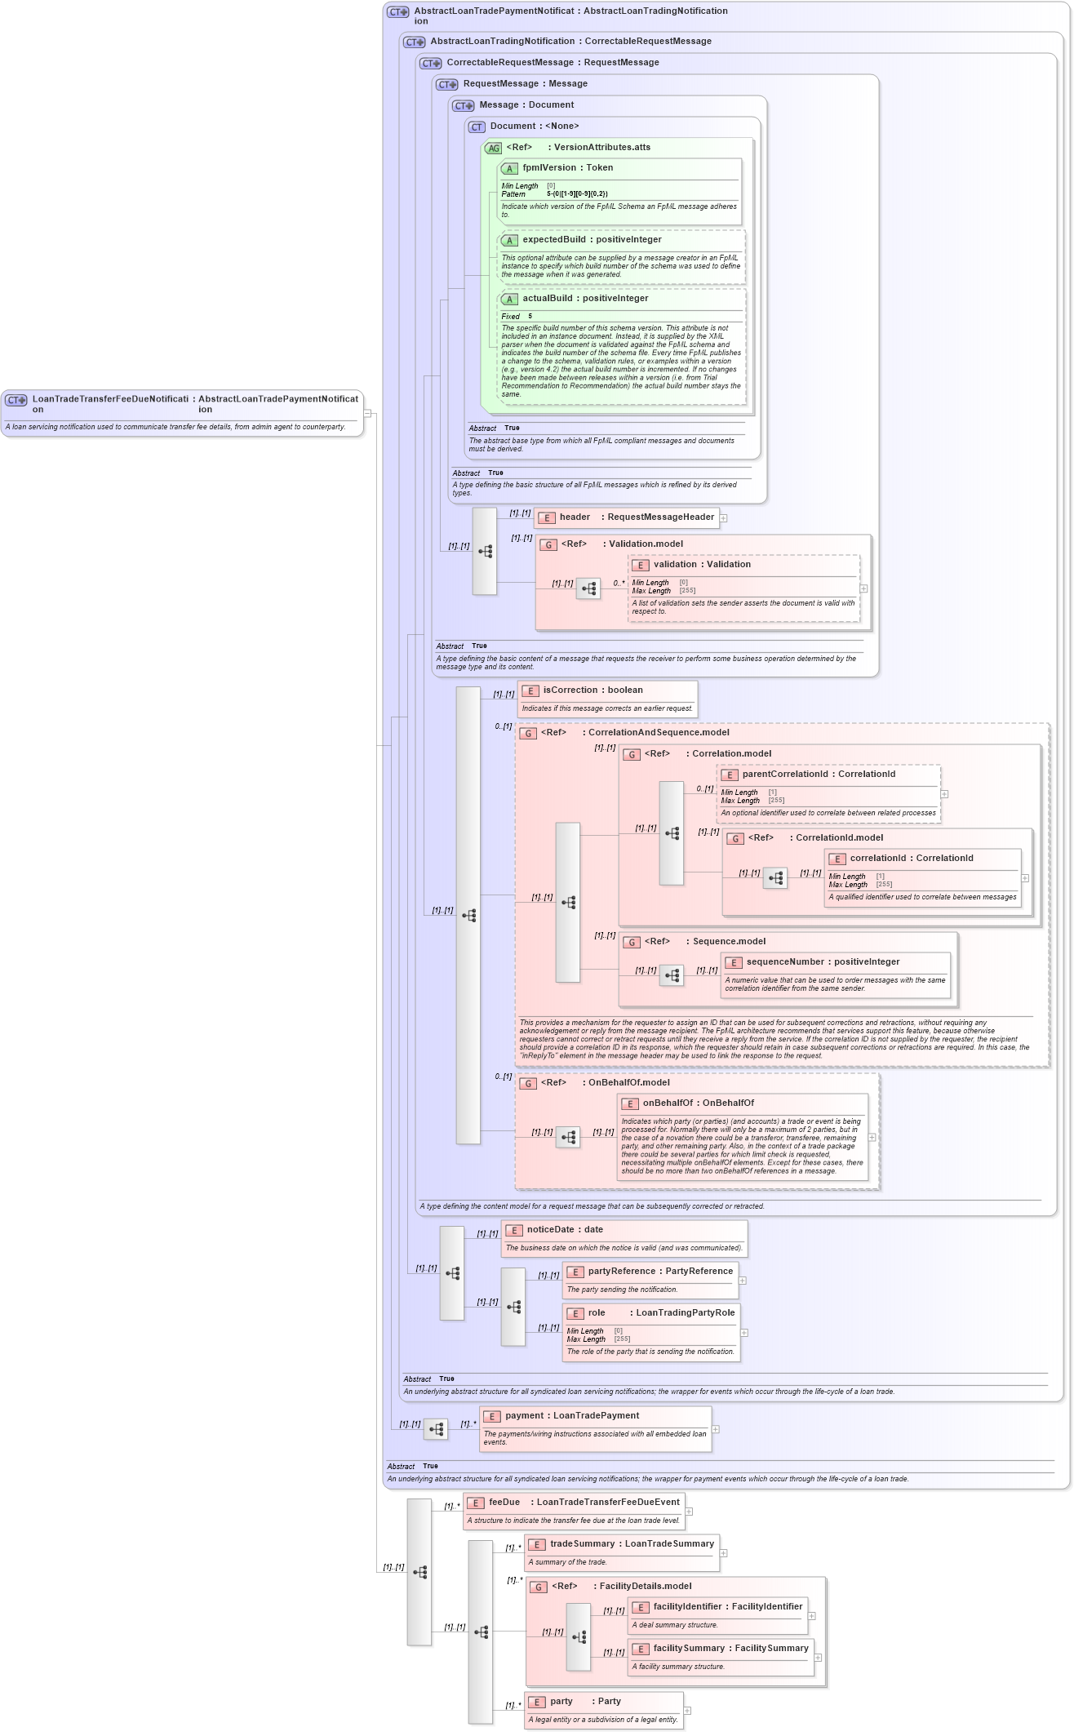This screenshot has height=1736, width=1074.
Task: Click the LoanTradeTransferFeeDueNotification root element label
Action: (x=109, y=400)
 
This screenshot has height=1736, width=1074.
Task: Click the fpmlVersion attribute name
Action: (x=549, y=168)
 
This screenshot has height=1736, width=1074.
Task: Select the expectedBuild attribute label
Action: (x=553, y=240)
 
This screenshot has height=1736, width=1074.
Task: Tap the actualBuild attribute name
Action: (x=547, y=299)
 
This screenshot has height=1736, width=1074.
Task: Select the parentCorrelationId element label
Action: (x=785, y=775)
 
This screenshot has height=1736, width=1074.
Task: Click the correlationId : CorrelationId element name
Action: (x=881, y=859)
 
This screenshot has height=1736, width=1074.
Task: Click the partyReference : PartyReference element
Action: (x=650, y=1272)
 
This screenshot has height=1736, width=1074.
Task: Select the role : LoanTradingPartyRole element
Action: (x=650, y=1313)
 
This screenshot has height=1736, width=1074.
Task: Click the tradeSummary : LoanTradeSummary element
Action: (x=621, y=1544)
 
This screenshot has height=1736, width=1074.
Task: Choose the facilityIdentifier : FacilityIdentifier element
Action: (x=717, y=1607)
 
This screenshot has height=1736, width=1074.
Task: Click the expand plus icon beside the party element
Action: (x=687, y=1711)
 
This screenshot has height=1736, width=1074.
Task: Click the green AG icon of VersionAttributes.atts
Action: (x=493, y=149)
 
